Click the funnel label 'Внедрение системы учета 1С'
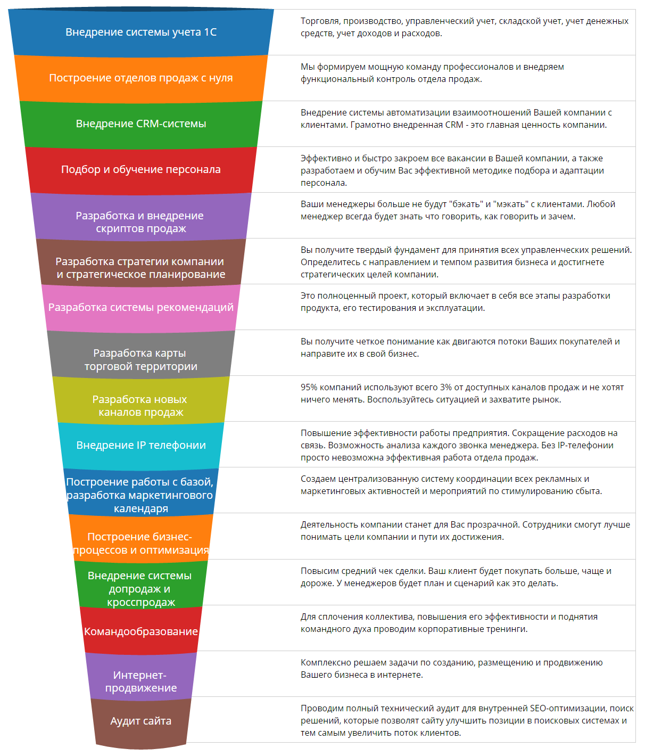click(141, 32)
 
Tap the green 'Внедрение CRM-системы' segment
click(141, 124)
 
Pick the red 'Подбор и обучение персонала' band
click(141, 170)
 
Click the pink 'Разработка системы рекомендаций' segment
click(141, 307)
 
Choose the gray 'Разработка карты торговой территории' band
click(141, 354)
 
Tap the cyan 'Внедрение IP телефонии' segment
click(141, 445)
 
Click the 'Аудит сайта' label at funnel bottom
click(141, 721)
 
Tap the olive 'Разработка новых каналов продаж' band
click(141, 399)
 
